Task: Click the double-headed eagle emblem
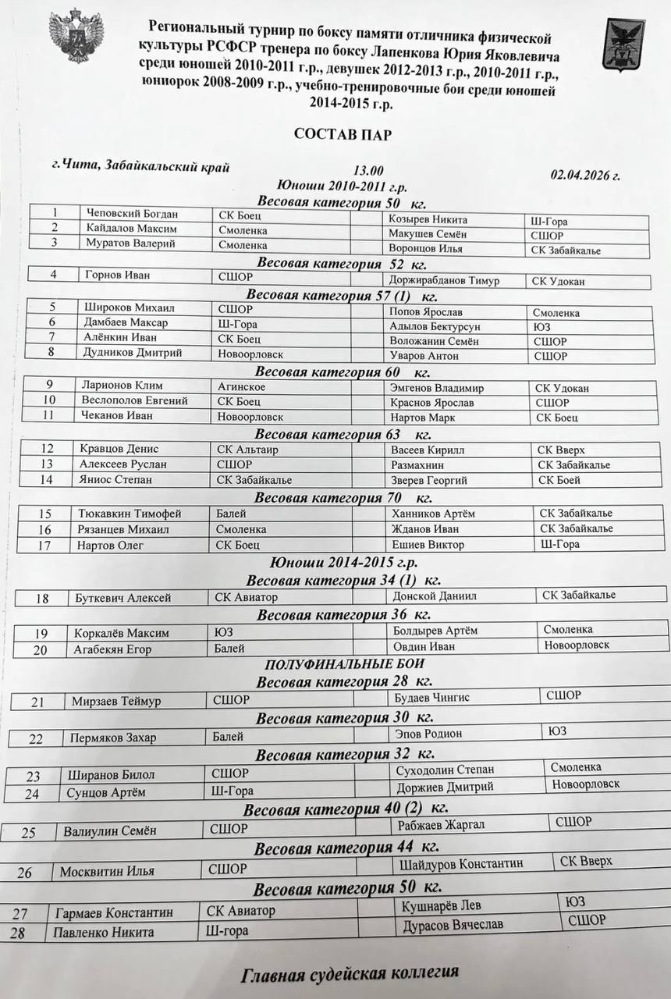pos(76,35)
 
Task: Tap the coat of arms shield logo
pos(623,45)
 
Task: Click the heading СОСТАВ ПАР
pos(343,134)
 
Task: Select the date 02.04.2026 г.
pos(584,176)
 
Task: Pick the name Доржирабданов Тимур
pos(443,280)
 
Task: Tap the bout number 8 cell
pos(51,353)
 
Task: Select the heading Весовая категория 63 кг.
pos(343,434)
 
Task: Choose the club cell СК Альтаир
pos(247,450)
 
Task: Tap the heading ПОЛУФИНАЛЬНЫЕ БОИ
pos(344,664)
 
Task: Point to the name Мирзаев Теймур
pos(116,701)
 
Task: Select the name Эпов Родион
pos(429,734)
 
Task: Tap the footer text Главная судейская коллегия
pos(350,973)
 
